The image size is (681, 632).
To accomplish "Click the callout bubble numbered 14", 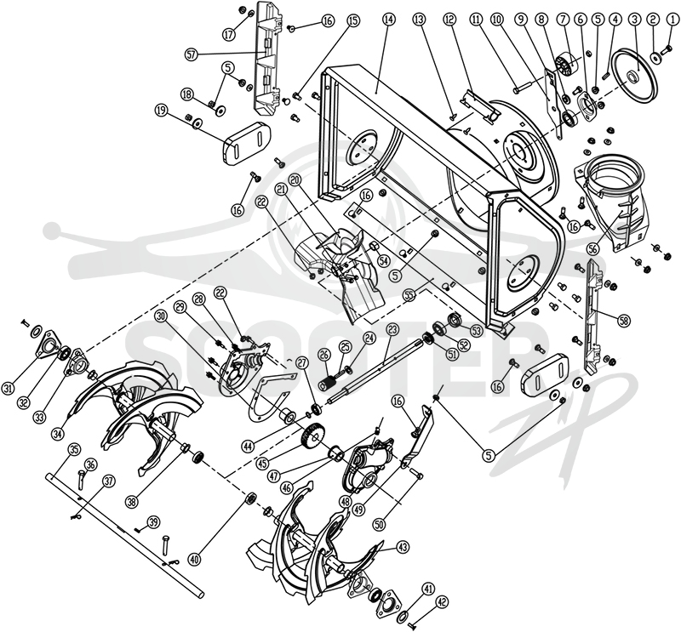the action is pos(388,19).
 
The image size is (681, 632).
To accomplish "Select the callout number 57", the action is pos(192,54).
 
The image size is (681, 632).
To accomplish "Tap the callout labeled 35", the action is pos(73,450).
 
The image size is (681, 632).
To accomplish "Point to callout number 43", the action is pos(403,547).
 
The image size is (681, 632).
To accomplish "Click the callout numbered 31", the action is pos(8,390).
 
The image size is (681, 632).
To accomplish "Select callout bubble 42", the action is pos(442,602).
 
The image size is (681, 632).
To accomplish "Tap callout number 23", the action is pos(392,330).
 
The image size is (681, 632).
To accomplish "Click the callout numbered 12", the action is pos(449,19).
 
